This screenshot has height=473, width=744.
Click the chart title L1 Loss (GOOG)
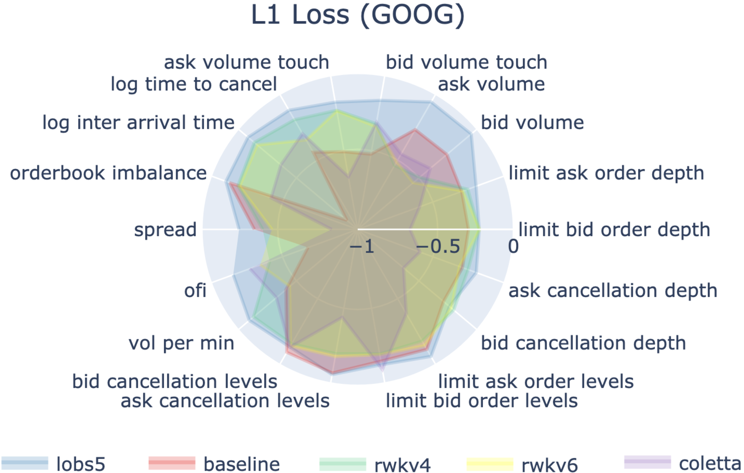click(358, 15)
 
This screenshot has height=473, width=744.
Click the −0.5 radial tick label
click(438, 247)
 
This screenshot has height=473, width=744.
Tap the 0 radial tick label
click(513, 247)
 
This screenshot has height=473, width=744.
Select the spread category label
click(165, 230)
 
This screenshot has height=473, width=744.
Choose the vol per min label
click(181, 343)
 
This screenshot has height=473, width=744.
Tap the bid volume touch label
click(467, 62)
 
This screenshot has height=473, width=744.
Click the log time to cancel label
click(194, 84)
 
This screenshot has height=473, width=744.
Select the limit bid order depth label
click(614, 230)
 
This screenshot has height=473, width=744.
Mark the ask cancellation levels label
click(225, 401)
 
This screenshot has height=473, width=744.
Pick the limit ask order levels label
click(536, 381)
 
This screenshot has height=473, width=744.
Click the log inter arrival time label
click(138, 123)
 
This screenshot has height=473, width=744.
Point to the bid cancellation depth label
click(583, 343)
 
